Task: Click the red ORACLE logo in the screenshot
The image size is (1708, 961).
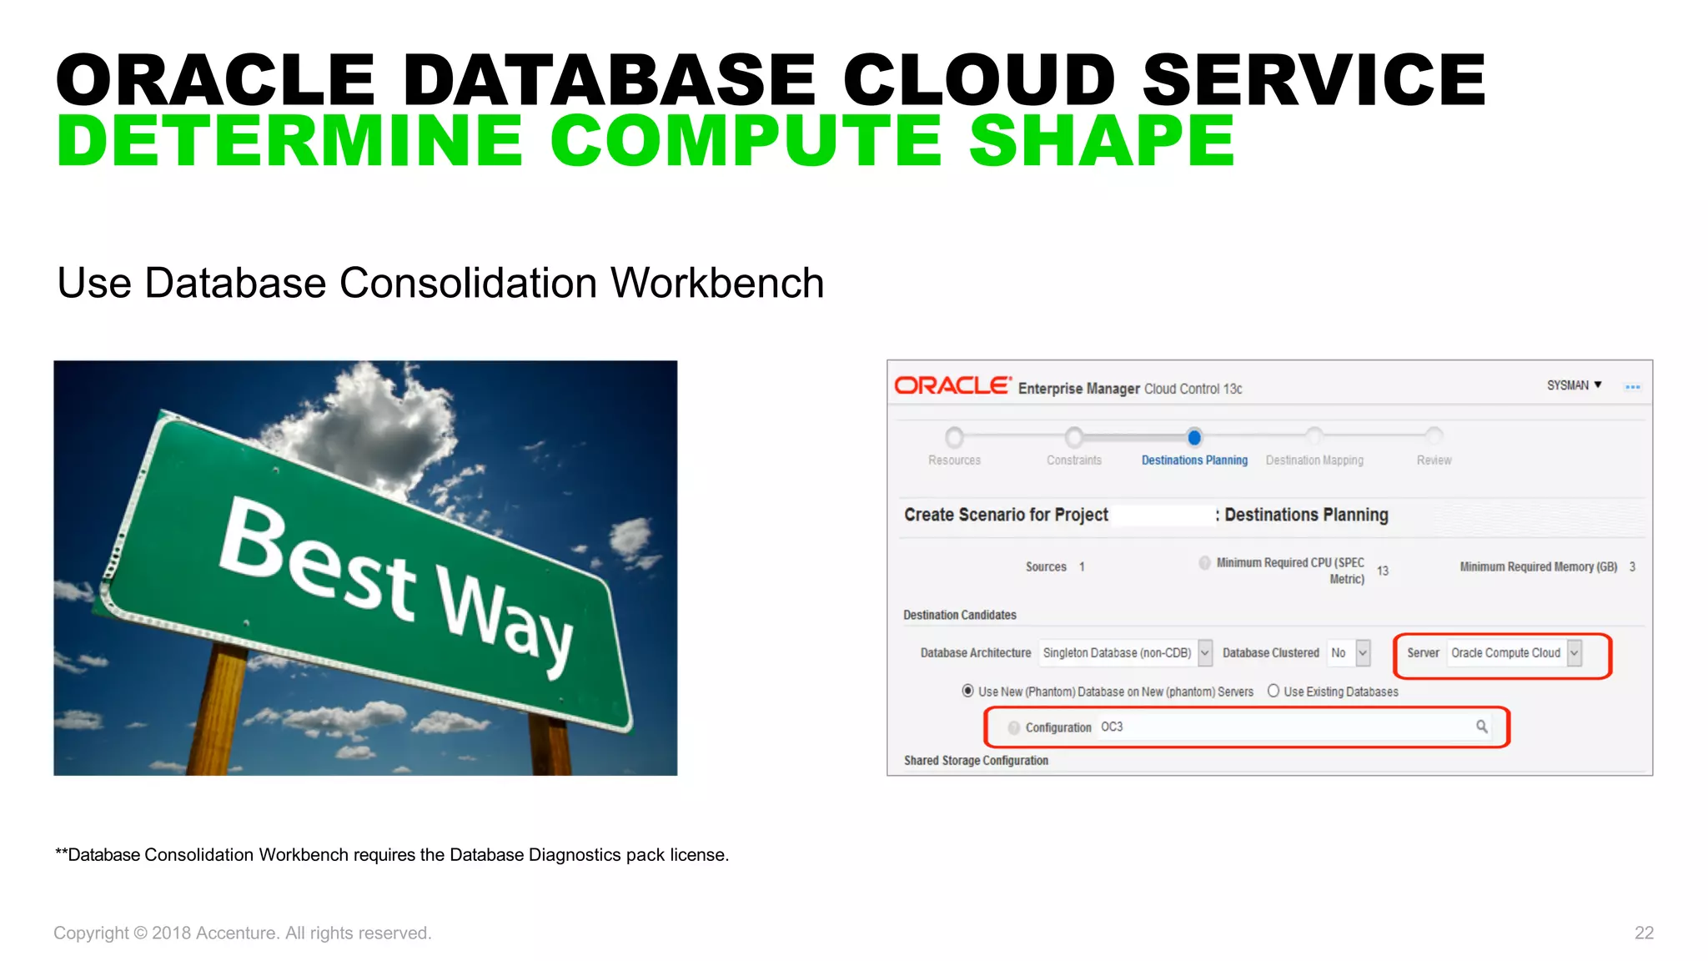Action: (952, 385)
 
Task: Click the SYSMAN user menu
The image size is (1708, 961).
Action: (1574, 385)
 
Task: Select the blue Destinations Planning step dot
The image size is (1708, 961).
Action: (1194, 437)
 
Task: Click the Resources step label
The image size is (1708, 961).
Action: (954, 460)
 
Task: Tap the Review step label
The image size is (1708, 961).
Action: (1434, 460)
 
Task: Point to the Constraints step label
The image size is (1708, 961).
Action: (1074, 460)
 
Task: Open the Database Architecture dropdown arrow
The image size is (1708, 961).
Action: (1205, 653)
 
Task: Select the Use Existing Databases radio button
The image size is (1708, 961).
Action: (1273, 691)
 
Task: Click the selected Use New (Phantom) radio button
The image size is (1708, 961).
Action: (967, 691)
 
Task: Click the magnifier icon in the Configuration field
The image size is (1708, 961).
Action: (1481, 727)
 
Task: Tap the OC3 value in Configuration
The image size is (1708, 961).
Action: (1112, 727)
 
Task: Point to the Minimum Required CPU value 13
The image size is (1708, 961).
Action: (1383, 571)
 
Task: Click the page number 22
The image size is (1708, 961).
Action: (1644, 933)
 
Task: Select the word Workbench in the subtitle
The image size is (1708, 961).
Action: (717, 283)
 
